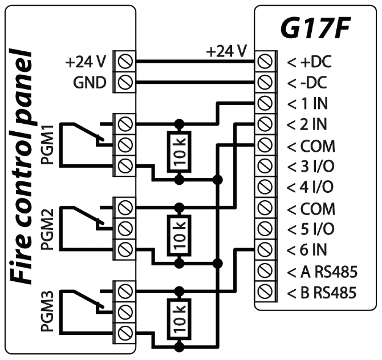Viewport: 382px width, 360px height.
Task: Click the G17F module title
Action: point(314,29)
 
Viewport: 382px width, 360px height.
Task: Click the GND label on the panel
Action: point(90,82)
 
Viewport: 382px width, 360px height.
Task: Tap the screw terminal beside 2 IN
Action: point(264,124)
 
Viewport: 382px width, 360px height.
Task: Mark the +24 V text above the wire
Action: point(227,51)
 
